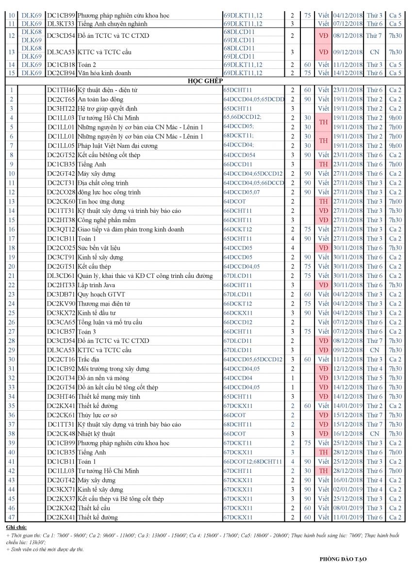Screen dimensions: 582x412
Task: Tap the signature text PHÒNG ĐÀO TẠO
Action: tap(343, 559)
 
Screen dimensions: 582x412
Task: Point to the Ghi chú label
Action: tap(16, 527)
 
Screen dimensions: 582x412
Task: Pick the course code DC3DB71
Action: tap(61, 294)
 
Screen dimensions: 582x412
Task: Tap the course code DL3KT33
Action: tap(61, 24)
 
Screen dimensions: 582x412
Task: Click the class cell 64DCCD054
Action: tap(239, 155)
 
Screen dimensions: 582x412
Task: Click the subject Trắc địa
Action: tap(88, 359)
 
